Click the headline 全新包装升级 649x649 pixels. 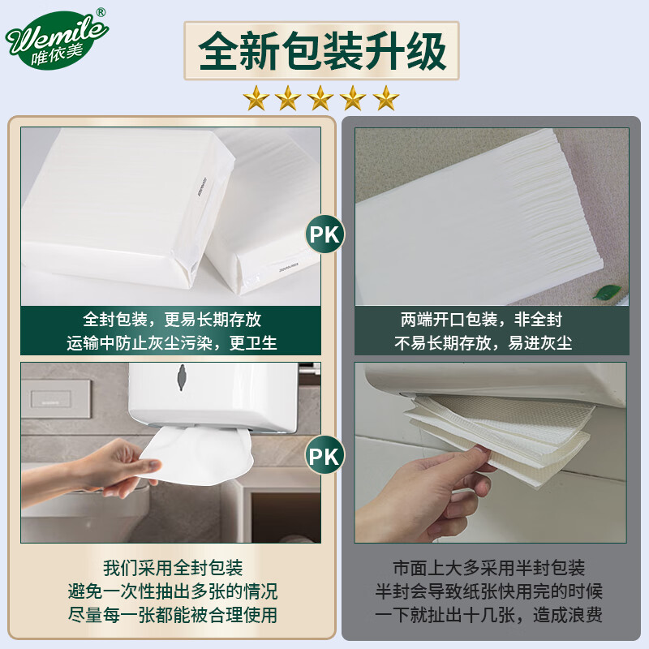point(322,52)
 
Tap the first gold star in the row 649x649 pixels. point(257,98)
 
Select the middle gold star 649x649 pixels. point(321,98)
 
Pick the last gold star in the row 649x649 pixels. point(386,98)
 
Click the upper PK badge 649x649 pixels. point(324,235)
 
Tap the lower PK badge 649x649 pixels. point(324,454)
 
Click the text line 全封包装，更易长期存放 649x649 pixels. point(172,320)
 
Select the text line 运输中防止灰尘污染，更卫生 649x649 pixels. point(172,343)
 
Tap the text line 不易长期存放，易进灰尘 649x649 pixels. point(483,343)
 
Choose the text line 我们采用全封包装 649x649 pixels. point(173,568)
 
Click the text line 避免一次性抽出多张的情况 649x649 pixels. point(173,591)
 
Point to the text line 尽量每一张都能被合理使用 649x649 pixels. point(173,616)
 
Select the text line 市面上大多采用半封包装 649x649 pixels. point(483,568)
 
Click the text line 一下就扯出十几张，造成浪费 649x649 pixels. point(483,616)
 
